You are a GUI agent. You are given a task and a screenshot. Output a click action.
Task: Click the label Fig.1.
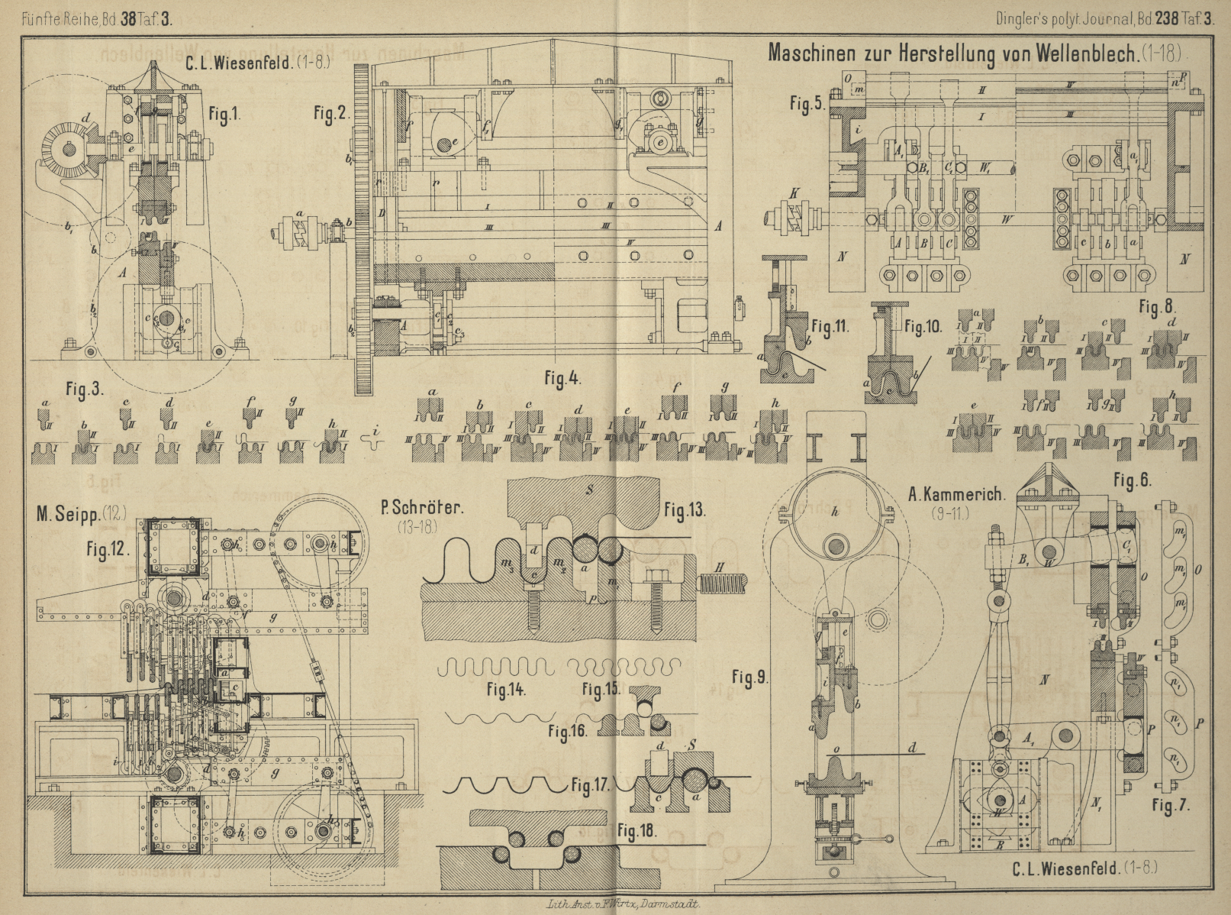click(x=224, y=115)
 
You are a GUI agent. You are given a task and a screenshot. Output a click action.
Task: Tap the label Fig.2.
click(x=330, y=114)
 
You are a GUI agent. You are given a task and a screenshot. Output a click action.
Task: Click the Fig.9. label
click(x=749, y=677)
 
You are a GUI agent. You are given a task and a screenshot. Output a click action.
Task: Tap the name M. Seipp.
click(x=80, y=515)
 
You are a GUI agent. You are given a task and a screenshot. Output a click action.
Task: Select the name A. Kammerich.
click(x=956, y=495)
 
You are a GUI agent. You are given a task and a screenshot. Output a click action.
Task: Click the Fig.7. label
click(x=1171, y=805)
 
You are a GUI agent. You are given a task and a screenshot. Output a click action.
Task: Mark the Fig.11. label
click(x=830, y=327)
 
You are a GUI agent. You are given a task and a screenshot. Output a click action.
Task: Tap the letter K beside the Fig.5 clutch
click(x=795, y=194)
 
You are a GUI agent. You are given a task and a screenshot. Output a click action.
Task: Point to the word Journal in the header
click(x=1104, y=19)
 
